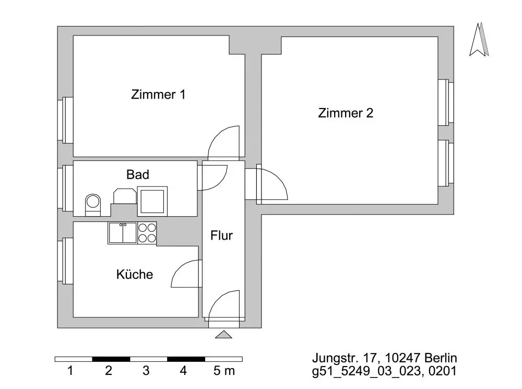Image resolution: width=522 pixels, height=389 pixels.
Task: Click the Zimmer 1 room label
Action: point(158,95)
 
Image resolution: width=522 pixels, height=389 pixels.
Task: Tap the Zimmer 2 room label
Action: point(346,113)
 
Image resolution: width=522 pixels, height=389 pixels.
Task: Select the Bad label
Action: point(138,174)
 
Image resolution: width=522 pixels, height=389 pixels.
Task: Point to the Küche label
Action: point(135,274)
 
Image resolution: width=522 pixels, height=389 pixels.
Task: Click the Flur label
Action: point(221,235)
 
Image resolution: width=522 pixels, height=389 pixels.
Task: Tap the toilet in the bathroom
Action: point(93,204)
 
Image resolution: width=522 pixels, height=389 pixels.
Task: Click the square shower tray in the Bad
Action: point(152,200)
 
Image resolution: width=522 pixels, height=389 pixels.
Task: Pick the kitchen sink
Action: point(122,233)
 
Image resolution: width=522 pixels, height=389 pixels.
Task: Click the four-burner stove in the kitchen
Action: point(147,233)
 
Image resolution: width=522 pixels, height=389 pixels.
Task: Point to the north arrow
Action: point(479,41)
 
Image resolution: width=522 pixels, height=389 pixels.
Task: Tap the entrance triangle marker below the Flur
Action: point(224,334)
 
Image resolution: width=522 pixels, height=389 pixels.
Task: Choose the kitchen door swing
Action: point(186,273)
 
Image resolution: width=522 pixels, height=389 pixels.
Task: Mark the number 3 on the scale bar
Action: point(146,371)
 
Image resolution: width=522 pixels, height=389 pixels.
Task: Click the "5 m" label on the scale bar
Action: point(224,371)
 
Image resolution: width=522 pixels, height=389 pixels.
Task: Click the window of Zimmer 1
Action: point(67,120)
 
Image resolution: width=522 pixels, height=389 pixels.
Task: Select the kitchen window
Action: point(67,260)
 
